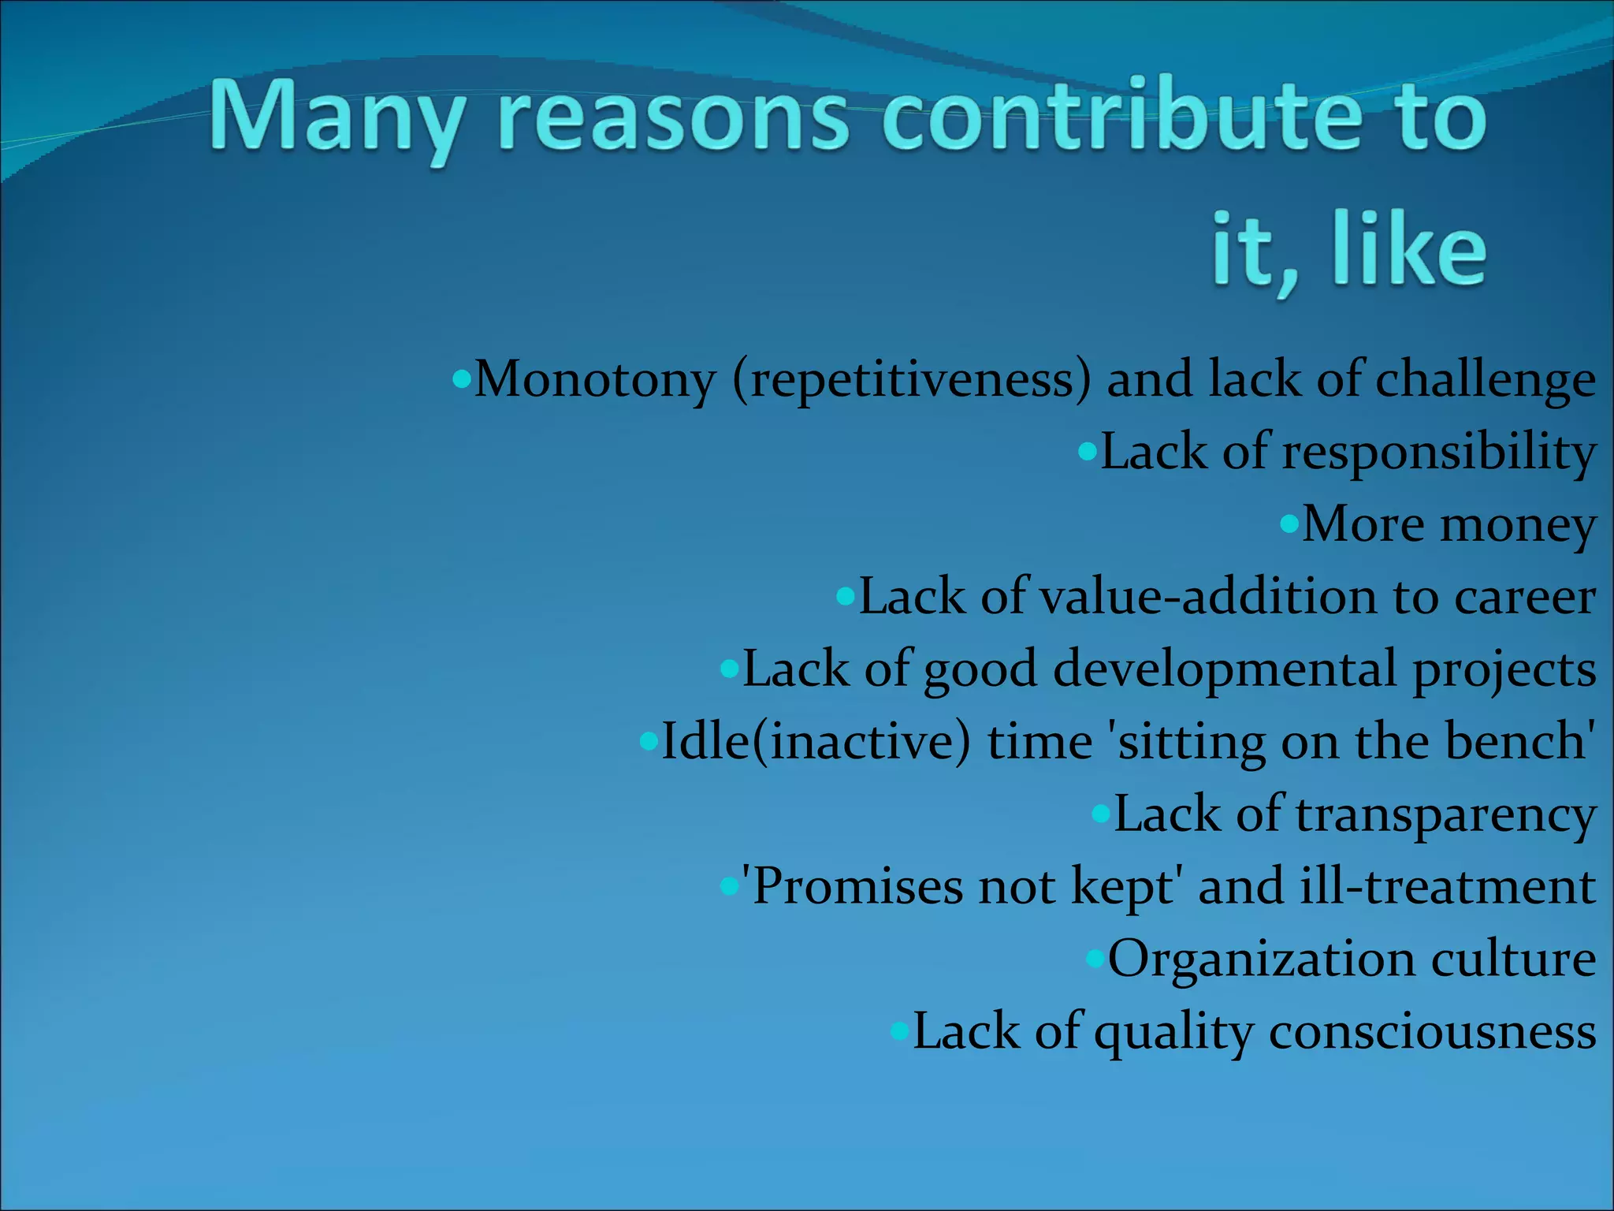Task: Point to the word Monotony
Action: click(x=594, y=380)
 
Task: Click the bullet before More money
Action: click(x=1289, y=524)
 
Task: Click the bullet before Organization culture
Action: click(x=1095, y=959)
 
